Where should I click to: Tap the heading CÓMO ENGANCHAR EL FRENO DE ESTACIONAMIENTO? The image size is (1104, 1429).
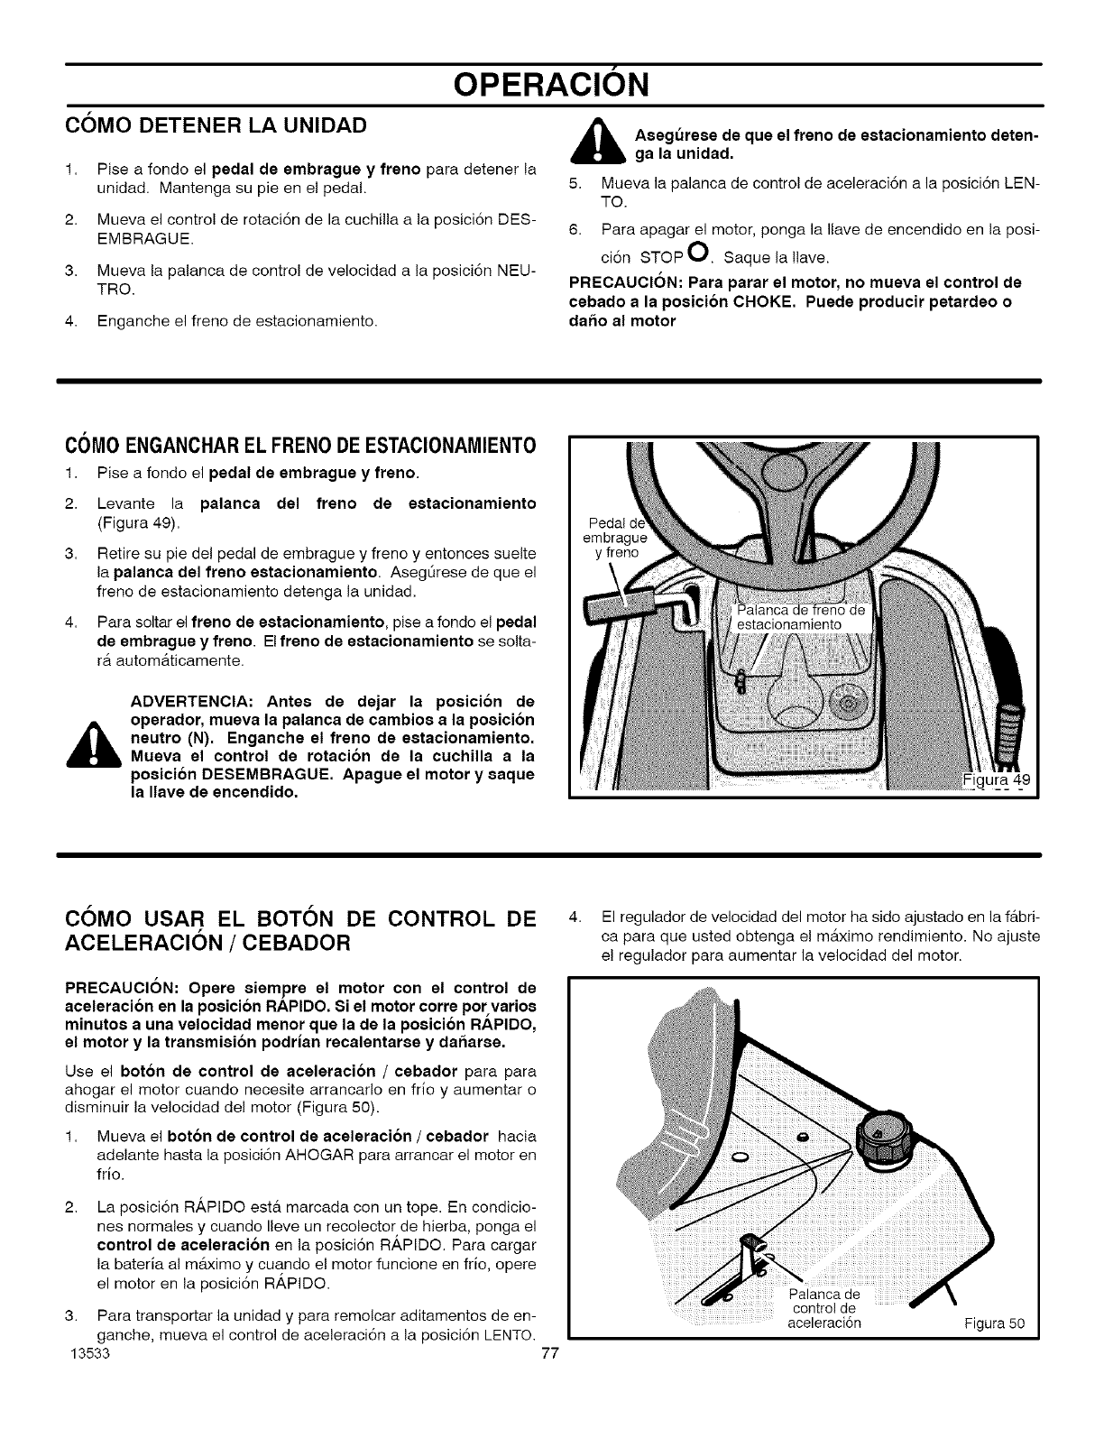(x=299, y=446)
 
